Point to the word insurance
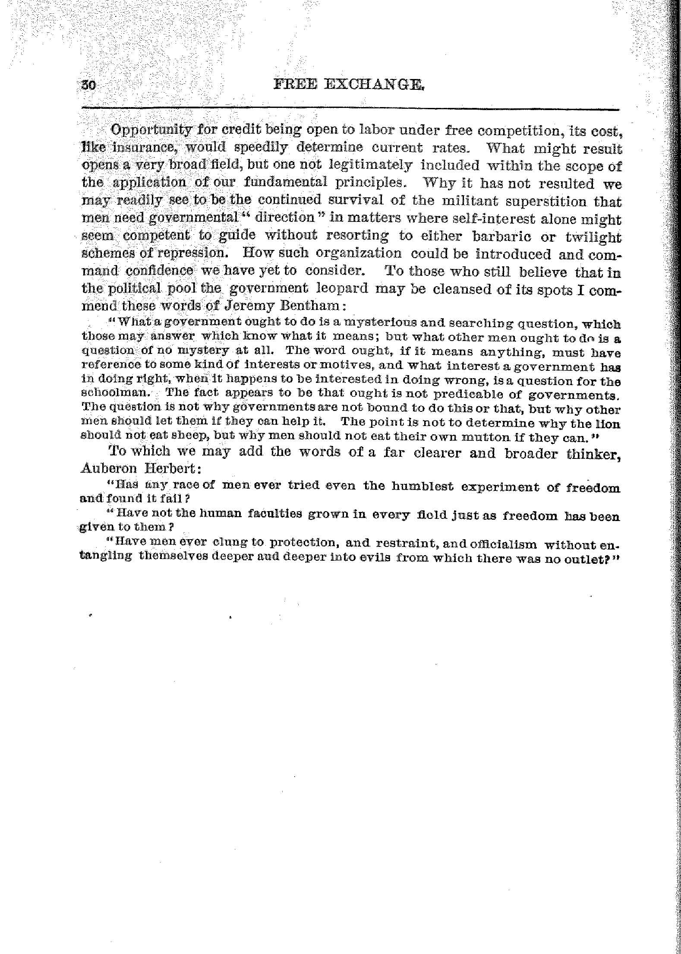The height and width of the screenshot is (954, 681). pyautogui.click(x=141, y=148)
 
